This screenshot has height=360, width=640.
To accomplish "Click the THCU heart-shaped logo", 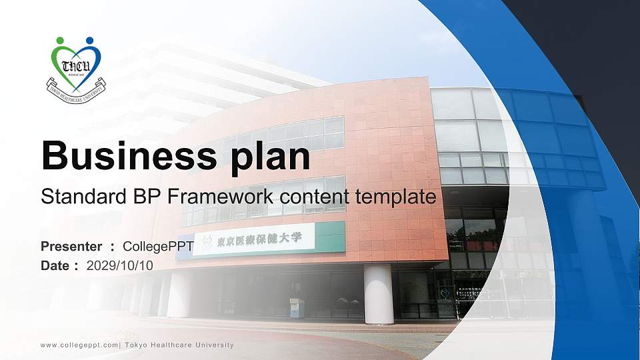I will point(76,65).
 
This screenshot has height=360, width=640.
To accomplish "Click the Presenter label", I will point(71,247).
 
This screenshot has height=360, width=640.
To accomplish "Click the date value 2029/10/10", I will point(120,265).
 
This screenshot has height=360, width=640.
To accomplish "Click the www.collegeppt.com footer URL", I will point(79,345).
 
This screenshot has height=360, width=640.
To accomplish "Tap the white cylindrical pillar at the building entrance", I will point(377,293).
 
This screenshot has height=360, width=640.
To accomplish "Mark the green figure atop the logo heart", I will point(61,41).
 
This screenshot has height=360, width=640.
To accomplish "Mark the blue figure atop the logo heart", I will point(89,41).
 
